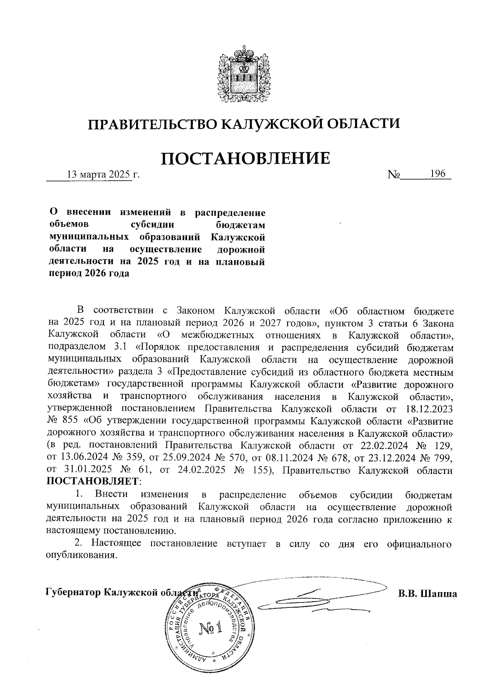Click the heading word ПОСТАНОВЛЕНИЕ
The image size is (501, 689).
point(246,159)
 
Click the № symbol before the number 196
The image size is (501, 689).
point(395,175)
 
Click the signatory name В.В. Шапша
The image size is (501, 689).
point(427,593)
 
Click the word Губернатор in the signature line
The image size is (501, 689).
point(72,593)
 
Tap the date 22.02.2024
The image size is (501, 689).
point(377,445)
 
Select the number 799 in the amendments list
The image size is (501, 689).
point(443,458)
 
